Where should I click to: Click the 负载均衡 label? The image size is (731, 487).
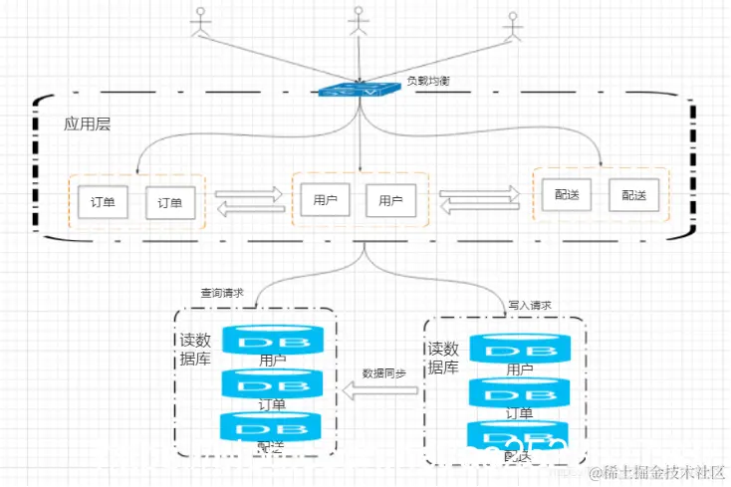[x=428, y=81]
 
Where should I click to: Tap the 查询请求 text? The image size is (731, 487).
[x=222, y=293]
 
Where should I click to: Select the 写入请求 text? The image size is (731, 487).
[x=530, y=305]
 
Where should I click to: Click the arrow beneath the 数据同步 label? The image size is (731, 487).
[x=382, y=392]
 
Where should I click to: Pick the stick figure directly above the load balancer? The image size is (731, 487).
[x=358, y=22]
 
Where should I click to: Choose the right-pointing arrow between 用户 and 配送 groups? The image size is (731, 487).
[x=480, y=192]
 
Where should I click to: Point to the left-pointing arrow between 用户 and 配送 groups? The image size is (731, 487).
[x=480, y=208]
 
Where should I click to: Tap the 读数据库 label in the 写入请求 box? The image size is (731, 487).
[x=443, y=358]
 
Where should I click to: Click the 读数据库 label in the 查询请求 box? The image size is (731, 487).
[x=194, y=350]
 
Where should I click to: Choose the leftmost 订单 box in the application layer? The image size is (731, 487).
[x=103, y=203]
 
